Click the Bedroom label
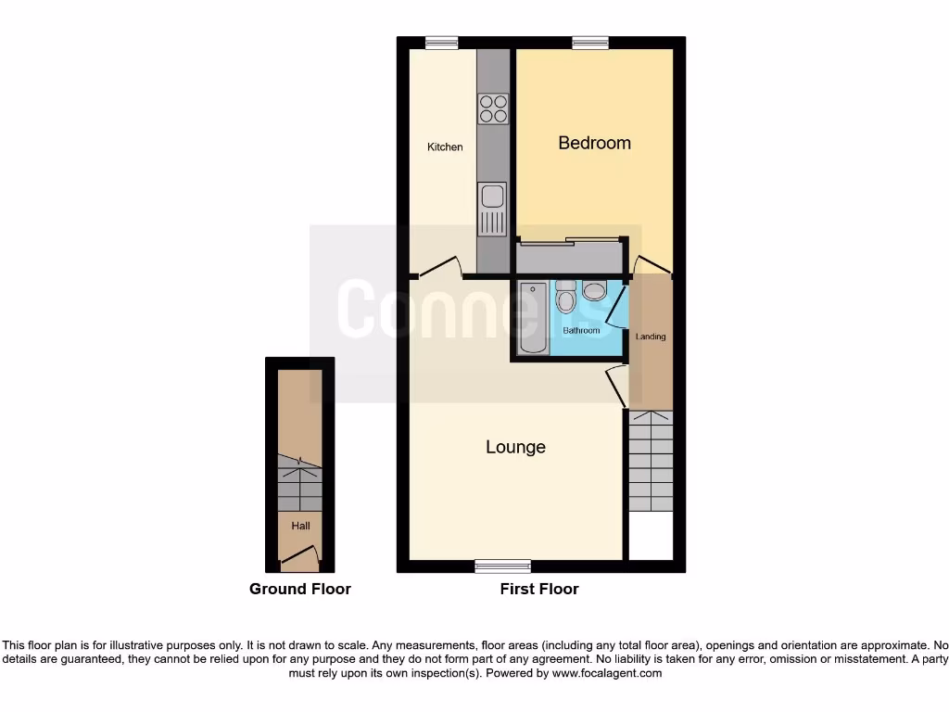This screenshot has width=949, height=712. [594, 143]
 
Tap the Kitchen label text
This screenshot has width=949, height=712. [445, 147]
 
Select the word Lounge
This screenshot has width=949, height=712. [515, 447]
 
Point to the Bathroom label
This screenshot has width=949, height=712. [581, 331]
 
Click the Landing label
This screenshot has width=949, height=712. [651, 337]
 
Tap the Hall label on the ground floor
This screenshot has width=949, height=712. [300, 526]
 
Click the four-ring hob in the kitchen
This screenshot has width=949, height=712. [493, 108]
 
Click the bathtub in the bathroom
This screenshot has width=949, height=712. [533, 317]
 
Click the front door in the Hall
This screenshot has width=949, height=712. [301, 557]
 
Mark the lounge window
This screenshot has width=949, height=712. [502, 566]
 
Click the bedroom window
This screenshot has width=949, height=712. [590, 43]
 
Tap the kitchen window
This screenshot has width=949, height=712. [442, 43]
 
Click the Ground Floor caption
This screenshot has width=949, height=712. [300, 589]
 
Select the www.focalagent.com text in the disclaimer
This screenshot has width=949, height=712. [607, 673]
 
